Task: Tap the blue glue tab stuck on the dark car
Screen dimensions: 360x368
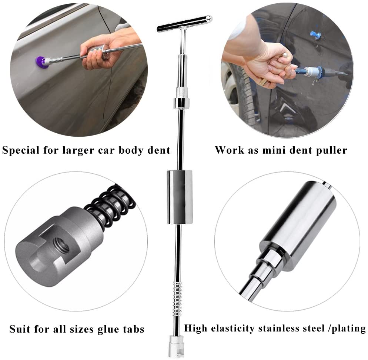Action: [315, 35]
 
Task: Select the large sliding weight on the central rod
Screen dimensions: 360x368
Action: [180, 197]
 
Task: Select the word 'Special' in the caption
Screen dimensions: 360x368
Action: [20, 150]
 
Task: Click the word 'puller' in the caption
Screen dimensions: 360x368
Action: [331, 150]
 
